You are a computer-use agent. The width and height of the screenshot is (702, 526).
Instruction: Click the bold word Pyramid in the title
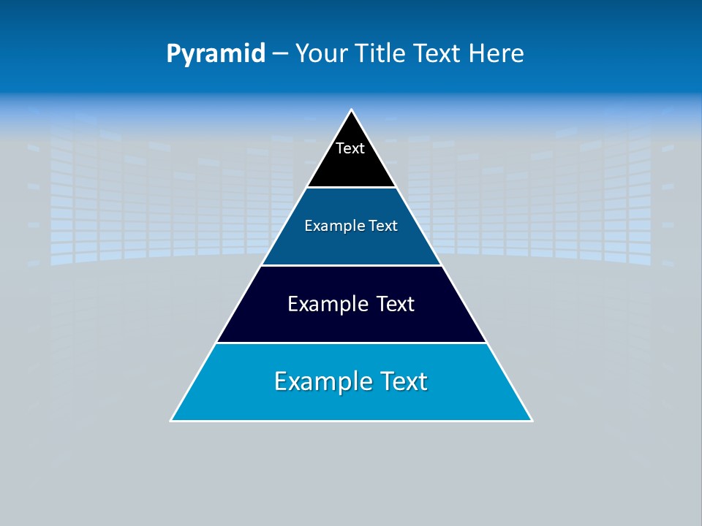[215, 54]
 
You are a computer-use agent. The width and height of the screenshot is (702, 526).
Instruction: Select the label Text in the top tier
[350, 148]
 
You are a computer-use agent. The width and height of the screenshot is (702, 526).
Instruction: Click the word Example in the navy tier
[326, 304]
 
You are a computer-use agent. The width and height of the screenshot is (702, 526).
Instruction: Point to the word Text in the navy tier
[395, 304]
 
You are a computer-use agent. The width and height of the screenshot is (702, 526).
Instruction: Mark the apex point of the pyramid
[352, 110]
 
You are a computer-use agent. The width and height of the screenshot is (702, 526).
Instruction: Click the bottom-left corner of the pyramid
[171, 420]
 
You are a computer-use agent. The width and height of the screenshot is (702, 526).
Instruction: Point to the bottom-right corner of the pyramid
[532, 420]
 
